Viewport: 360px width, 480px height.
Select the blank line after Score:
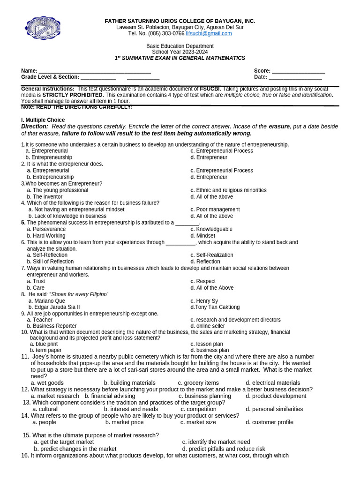298,71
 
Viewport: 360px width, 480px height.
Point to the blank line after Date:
295,77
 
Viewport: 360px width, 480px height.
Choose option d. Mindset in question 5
202,236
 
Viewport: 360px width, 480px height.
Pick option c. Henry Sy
204,301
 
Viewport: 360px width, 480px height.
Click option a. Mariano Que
47,301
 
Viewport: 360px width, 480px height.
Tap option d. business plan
210,350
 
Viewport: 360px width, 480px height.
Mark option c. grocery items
198,383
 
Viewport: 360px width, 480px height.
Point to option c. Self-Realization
211,255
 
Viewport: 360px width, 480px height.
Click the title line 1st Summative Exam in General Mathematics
180,58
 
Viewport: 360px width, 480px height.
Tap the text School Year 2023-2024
180,52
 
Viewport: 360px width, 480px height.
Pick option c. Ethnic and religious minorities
228,190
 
